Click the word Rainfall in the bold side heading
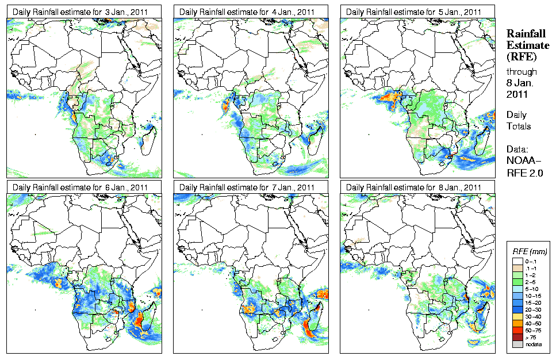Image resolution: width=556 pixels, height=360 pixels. tap(526, 34)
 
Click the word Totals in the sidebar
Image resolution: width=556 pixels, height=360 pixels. tap(519, 126)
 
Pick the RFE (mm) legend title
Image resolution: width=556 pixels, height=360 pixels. tap(530, 252)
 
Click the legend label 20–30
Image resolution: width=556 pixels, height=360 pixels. tap(533, 309)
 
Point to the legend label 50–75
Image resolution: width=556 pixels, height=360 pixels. tap(533, 330)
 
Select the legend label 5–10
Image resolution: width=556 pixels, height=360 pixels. tap(532, 289)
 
